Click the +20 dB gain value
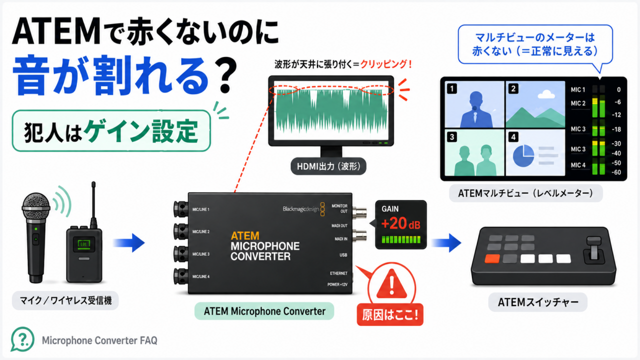coord(401,223)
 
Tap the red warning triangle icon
coord(391,284)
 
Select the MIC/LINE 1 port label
coord(201,209)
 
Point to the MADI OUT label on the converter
coord(339,225)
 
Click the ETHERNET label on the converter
coord(338,273)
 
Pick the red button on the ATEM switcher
coord(492,259)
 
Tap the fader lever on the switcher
coord(594,248)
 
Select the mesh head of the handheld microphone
coord(36,208)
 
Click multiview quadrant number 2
coord(513,89)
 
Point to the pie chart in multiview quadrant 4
coord(523,155)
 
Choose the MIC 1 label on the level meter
coord(578,89)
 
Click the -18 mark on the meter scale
coord(616,129)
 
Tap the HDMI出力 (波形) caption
coord(328,166)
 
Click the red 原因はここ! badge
coord(390,315)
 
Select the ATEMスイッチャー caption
coord(537,302)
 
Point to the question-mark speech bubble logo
coord(22,339)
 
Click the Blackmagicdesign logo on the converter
coord(303,209)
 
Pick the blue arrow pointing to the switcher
coord(446,243)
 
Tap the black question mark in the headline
coord(224,75)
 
